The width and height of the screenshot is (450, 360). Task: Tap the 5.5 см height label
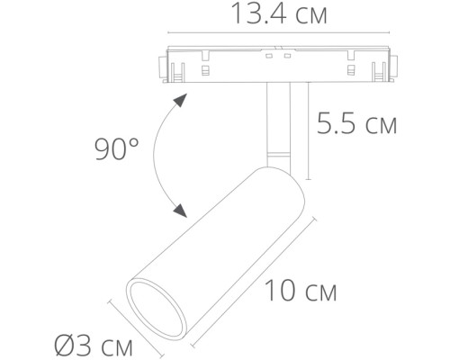[357, 124]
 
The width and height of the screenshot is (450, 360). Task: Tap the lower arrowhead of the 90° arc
[182, 211]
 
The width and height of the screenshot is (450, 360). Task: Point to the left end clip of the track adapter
[166, 65]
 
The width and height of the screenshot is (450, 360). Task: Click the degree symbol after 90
[135, 140]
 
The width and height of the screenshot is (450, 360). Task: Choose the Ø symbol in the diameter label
[63, 344]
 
